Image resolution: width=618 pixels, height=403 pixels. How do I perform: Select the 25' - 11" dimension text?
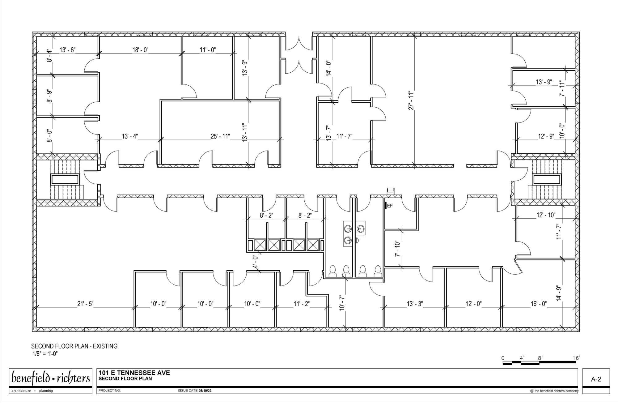220,136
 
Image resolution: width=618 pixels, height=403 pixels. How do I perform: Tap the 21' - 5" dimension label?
85,304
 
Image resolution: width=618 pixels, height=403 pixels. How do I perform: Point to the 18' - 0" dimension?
140,50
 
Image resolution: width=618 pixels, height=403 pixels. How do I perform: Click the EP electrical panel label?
390,206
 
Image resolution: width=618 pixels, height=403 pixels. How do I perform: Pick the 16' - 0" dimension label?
539,304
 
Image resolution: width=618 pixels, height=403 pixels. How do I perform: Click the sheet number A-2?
596,379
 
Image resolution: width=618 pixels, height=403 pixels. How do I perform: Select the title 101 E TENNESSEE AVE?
134,373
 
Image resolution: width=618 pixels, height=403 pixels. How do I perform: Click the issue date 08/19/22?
205,391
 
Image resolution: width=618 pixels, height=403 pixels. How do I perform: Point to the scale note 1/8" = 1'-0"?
45,354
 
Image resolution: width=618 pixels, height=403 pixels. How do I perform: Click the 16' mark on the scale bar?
577,358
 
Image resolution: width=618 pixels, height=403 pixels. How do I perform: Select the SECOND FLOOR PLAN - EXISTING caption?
74,346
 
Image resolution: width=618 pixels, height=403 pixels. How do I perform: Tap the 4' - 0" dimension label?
255,262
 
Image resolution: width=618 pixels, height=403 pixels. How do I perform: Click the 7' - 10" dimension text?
398,248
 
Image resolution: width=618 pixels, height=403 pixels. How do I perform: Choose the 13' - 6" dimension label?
68,50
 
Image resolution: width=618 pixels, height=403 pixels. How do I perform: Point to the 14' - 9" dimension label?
558,293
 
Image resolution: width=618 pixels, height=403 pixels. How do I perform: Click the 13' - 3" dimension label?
415,304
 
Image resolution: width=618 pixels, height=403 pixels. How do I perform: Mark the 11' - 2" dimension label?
302,304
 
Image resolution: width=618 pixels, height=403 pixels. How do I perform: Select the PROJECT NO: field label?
110,391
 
